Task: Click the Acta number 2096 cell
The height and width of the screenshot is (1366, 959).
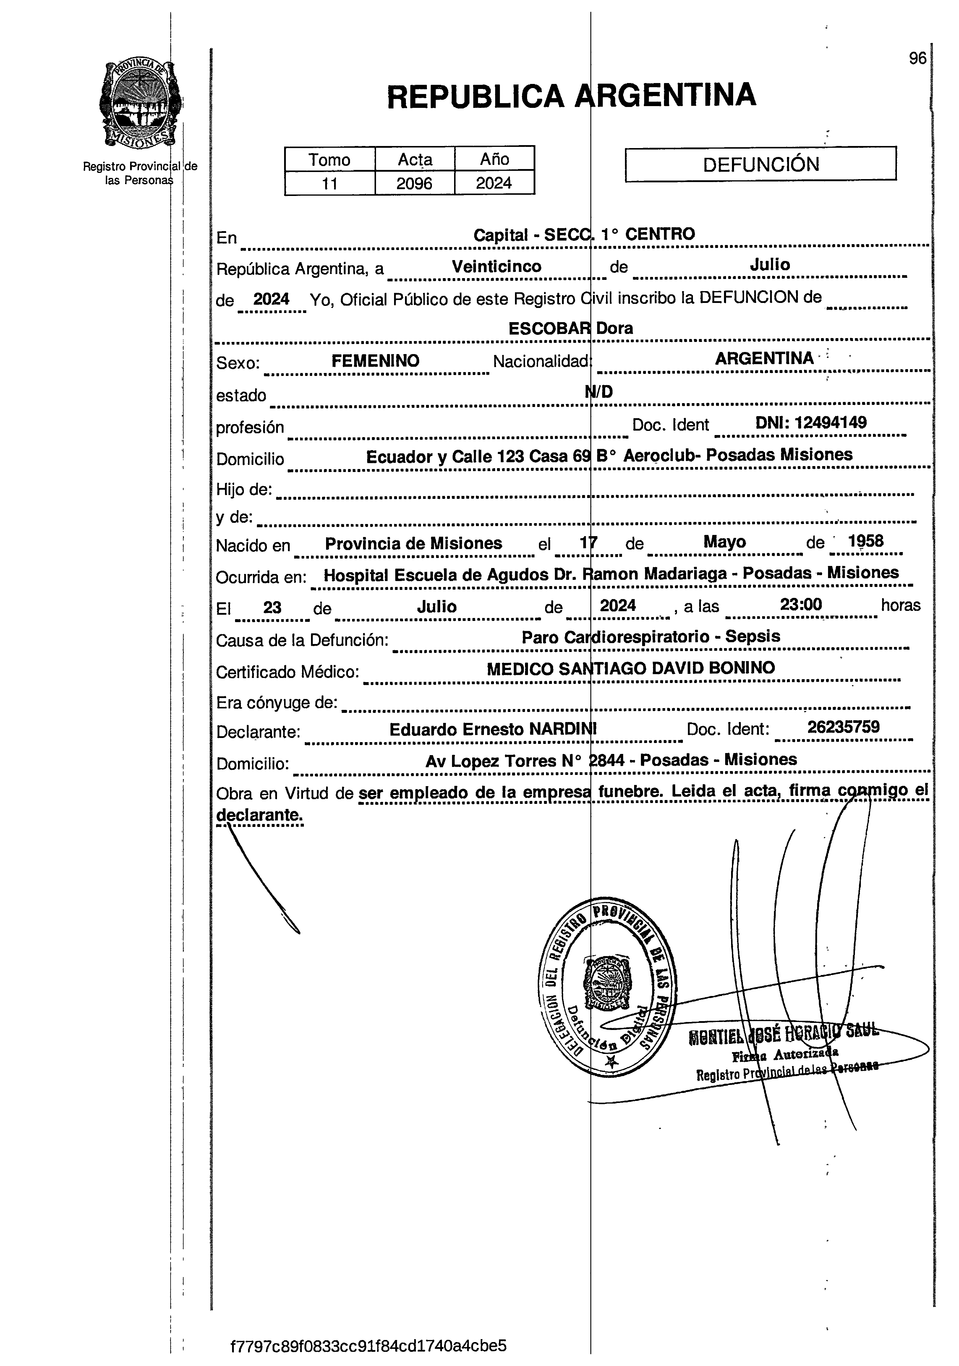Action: (x=414, y=183)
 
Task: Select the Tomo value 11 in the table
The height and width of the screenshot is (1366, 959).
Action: (x=329, y=183)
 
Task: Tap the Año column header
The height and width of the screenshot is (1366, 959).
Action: (x=494, y=160)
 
